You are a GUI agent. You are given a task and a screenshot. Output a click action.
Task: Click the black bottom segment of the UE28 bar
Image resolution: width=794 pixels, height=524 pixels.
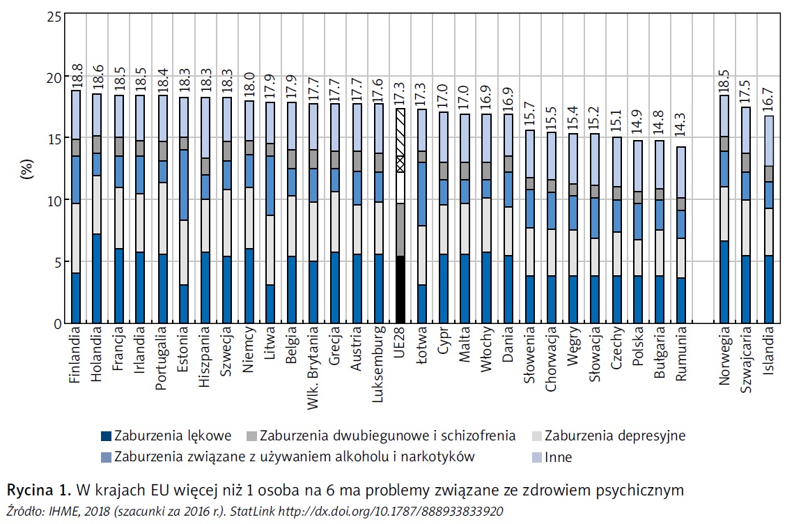[x=400, y=289]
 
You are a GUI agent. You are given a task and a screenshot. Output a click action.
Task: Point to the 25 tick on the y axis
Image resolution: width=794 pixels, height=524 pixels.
[x=52, y=15]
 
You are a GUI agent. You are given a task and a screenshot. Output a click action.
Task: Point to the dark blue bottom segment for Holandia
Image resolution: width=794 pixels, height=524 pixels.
[x=98, y=279]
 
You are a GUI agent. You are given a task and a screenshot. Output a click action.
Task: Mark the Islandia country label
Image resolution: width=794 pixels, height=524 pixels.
[x=768, y=354]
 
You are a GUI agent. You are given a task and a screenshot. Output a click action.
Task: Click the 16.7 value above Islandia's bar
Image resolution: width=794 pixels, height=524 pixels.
[x=769, y=102]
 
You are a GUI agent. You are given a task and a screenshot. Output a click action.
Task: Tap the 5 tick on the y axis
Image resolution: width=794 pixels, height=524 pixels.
[x=55, y=261]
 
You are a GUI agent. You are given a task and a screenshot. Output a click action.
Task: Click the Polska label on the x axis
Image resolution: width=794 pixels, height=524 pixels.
[x=637, y=355]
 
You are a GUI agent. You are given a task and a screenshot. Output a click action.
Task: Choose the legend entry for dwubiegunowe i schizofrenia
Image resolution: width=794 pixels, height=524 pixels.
[x=387, y=437]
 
